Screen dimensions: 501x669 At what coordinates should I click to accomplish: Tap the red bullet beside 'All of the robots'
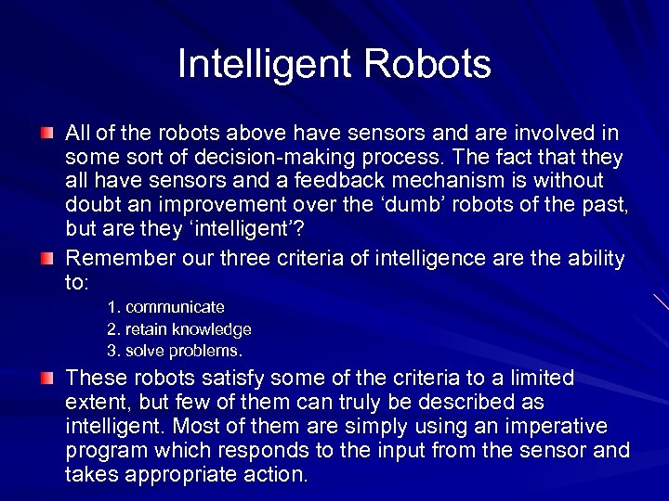pos(46,135)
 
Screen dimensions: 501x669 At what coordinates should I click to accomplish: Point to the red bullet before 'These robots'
pos(46,379)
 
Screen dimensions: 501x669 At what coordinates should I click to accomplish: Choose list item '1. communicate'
pos(165,307)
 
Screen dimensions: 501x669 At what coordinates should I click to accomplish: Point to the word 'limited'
pos(533,379)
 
